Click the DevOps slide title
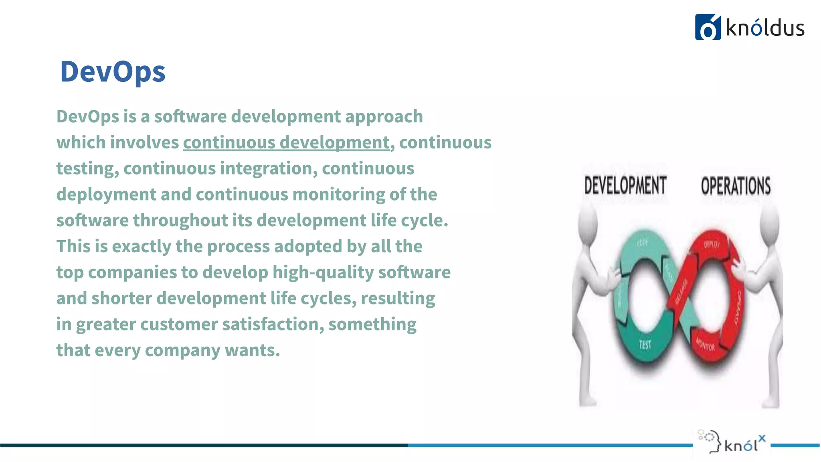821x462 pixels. tap(113, 72)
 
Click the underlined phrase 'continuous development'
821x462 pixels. tap(286, 142)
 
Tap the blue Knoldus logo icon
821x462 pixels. tap(708, 27)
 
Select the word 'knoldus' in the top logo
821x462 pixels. tap(765, 28)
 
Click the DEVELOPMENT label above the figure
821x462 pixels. tap(625, 185)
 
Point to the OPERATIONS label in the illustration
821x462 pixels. tap(736, 186)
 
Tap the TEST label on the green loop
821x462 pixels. tap(645, 344)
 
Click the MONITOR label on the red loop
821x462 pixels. tap(705, 344)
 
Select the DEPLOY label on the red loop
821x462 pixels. tap(712, 244)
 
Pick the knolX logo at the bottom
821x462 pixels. tap(732, 441)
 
